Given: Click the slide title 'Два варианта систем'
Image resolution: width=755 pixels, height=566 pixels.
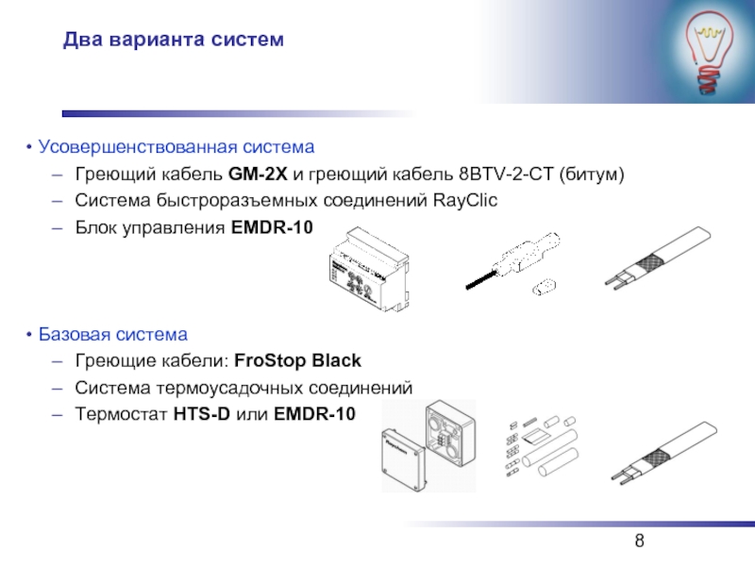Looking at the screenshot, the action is [174, 40].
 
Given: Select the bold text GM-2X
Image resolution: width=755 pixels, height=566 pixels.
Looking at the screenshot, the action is [258, 174].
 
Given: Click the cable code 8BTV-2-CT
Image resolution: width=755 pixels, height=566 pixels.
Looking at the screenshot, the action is [506, 174].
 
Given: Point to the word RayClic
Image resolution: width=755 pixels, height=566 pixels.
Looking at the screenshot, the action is [465, 200].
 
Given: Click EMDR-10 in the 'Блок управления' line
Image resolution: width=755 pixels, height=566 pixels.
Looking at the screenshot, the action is [272, 227].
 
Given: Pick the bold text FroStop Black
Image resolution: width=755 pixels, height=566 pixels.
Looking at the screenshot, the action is [297, 360].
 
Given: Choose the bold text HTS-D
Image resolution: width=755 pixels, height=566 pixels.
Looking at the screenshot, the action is [202, 414].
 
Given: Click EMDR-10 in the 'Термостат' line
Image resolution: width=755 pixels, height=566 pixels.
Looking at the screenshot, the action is [314, 414].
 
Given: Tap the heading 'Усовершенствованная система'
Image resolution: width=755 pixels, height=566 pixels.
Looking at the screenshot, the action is [176, 147].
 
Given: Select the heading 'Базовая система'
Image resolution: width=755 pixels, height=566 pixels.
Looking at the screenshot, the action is [113, 335].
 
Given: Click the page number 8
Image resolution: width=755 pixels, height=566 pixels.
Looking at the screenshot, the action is [640, 541].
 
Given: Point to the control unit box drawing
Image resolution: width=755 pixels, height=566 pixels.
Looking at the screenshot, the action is [370, 269].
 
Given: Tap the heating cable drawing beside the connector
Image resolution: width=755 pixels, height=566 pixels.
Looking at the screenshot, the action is [658, 258].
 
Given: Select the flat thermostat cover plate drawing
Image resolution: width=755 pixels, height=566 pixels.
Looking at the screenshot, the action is [404, 460].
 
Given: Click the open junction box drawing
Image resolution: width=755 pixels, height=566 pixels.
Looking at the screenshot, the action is [450, 433].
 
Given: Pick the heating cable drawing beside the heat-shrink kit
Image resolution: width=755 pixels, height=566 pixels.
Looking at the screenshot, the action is [664, 454].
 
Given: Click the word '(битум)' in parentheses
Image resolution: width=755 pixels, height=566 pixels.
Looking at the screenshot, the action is [592, 174].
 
